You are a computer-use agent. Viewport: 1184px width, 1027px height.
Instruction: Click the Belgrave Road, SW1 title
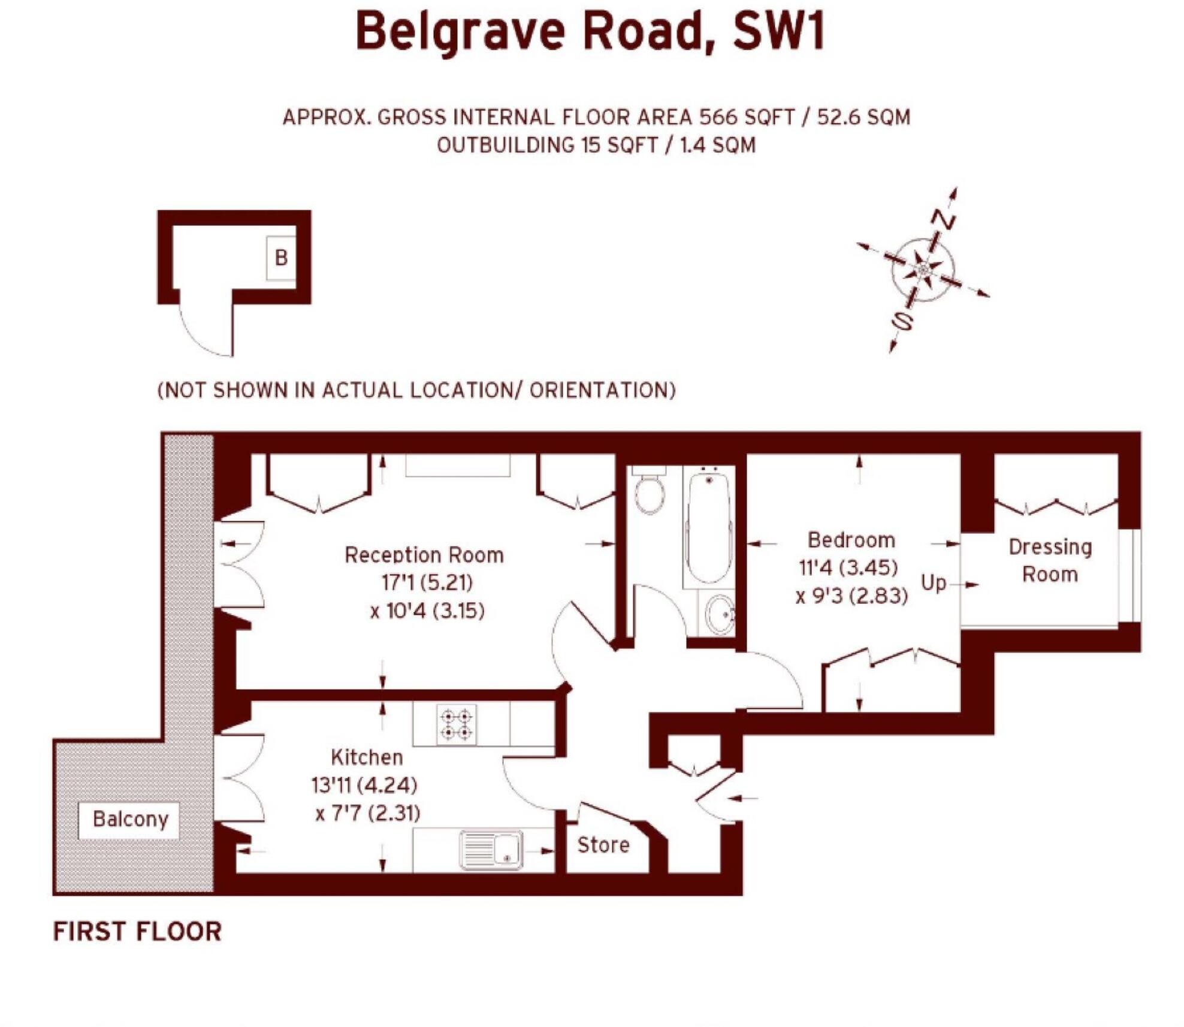click(591, 31)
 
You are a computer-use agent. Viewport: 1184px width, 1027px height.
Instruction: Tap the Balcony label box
click(129, 819)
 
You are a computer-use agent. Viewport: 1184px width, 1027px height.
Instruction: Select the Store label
click(603, 845)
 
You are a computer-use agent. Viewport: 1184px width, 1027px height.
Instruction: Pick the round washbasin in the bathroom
click(720, 614)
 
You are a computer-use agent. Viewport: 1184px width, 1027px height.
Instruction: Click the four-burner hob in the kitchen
click(456, 724)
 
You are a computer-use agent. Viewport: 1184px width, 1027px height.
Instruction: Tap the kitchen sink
click(491, 850)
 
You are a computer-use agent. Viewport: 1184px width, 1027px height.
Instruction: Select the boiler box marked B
click(281, 258)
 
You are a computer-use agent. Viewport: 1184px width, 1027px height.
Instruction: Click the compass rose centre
click(923, 269)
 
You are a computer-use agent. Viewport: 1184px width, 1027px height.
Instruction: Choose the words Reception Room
click(424, 555)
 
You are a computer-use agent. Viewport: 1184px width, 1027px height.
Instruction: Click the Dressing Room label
click(1050, 560)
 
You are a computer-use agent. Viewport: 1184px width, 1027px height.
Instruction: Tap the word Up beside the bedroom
click(933, 582)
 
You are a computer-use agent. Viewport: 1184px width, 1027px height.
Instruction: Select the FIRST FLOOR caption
click(137, 931)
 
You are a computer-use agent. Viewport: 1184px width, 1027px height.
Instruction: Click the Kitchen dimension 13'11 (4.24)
click(364, 785)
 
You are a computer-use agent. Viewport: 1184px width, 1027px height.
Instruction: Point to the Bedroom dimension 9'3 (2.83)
click(851, 596)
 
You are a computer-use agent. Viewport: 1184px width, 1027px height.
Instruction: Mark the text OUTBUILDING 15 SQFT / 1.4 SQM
click(596, 145)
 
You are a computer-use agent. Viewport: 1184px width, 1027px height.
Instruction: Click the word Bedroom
click(851, 540)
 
